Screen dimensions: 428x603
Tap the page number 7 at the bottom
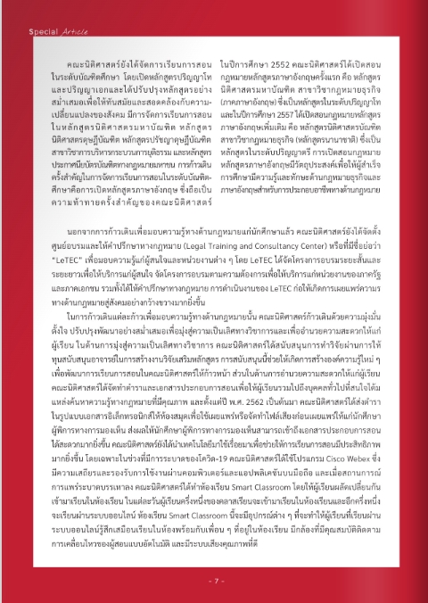pos(214,581)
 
